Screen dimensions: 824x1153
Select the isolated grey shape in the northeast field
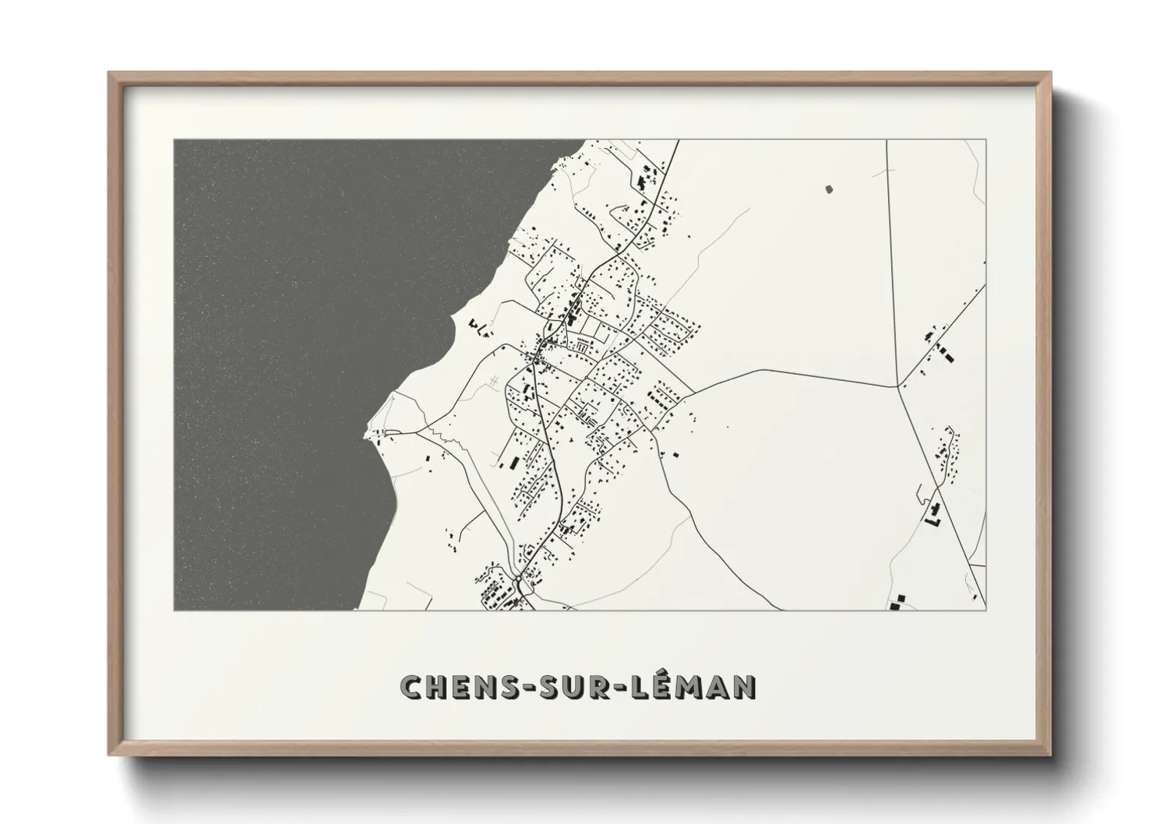click(827, 188)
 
